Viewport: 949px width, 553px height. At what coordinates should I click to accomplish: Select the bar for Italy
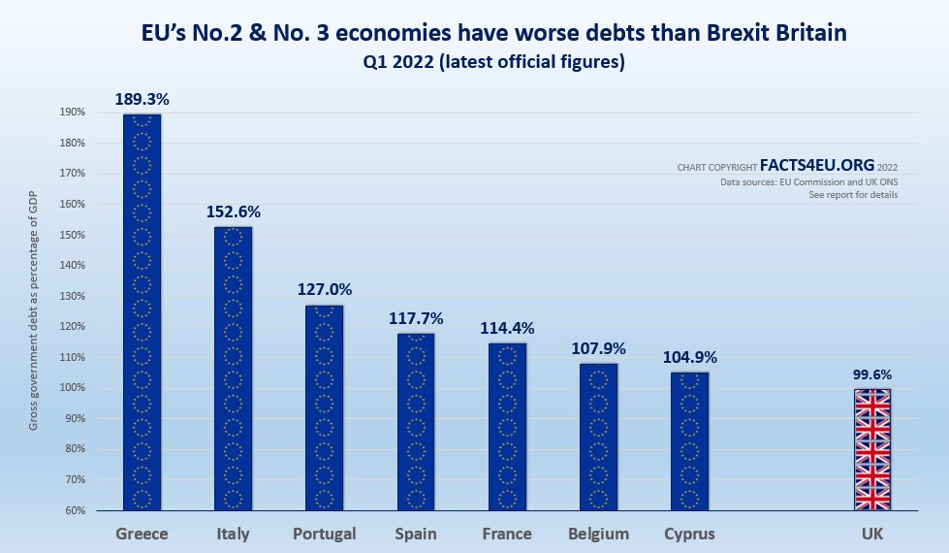(x=233, y=369)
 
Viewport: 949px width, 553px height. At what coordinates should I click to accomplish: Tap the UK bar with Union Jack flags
(x=871, y=449)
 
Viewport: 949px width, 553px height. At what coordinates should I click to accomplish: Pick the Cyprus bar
(x=689, y=441)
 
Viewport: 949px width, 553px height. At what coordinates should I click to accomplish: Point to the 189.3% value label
(x=142, y=99)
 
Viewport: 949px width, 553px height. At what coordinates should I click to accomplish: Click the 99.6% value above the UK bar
(x=871, y=374)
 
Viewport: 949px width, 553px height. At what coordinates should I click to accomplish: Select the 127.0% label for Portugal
(x=324, y=289)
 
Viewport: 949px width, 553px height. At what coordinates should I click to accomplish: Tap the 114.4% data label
(x=507, y=328)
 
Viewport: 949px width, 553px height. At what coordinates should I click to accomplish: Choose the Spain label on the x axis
(x=416, y=534)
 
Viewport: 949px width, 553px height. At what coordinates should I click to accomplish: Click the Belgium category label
(x=598, y=534)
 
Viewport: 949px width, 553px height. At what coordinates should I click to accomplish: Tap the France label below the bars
(x=507, y=534)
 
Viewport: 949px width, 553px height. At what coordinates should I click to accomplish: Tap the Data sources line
(x=808, y=182)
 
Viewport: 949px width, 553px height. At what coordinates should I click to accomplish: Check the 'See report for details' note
(x=853, y=195)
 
